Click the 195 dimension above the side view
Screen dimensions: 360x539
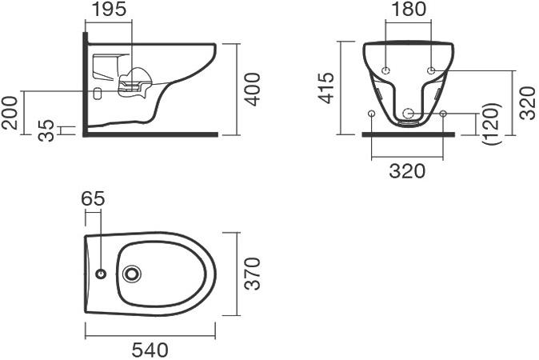click(108, 10)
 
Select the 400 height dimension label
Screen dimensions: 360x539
click(253, 89)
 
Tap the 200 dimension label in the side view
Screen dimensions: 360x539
click(11, 113)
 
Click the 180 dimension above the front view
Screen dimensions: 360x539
click(409, 10)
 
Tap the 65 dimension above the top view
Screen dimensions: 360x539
click(93, 198)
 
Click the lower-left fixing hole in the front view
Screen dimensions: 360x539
click(372, 114)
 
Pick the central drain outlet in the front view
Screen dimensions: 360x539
click(409, 114)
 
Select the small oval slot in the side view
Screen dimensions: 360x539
click(98, 92)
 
